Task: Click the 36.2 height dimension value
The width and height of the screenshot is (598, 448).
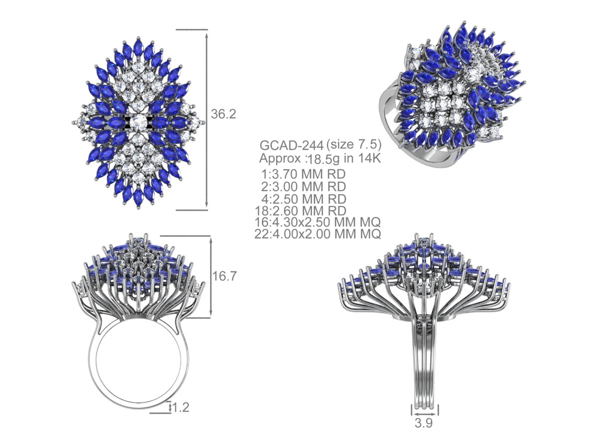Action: [223, 114]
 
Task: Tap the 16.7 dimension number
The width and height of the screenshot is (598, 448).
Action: [224, 276]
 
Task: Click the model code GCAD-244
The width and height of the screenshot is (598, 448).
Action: [292, 145]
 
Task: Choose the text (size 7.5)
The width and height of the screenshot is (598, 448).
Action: [354, 144]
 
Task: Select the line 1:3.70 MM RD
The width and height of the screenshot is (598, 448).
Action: [303, 174]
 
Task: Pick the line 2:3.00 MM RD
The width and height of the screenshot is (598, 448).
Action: [303, 187]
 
